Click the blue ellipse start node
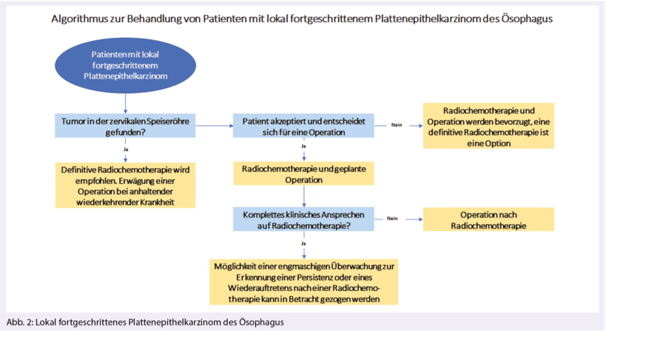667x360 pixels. (125, 67)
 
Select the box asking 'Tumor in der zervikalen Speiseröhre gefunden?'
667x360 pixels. (125, 126)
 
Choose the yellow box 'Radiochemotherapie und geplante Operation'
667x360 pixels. (304, 174)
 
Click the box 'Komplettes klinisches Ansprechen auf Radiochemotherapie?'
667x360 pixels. (304, 219)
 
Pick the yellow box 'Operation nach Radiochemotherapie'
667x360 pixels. (488, 219)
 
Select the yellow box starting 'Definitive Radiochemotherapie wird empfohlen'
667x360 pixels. (125, 186)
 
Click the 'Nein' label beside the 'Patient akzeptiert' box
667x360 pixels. (397, 124)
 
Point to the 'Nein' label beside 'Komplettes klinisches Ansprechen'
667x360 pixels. (392, 219)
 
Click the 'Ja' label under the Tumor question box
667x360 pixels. (125, 149)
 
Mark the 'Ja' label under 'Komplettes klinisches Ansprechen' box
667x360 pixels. (304, 243)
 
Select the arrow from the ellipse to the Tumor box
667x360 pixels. (125, 102)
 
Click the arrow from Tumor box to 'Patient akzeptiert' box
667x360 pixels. (214, 125)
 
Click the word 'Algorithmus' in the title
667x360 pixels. (79, 19)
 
